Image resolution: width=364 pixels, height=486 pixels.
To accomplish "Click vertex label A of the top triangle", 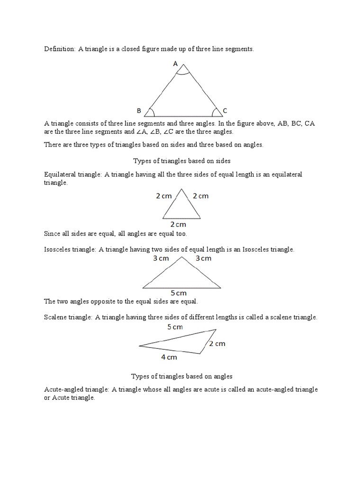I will coord(175,64).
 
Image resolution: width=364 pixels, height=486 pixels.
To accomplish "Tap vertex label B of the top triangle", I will coord(139,111).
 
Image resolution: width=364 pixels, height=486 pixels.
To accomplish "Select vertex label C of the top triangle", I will coord(225,111).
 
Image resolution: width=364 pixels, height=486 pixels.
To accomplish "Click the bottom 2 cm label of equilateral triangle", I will coord(178,224).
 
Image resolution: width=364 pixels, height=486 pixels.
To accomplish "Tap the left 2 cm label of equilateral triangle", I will coord(164,196).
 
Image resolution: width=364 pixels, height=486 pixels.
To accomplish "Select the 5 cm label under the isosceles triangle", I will coord(179,293).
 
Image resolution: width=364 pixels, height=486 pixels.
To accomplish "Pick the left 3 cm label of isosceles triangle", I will coord(161,259).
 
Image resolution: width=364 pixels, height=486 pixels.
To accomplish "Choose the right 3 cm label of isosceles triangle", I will coord(203,259).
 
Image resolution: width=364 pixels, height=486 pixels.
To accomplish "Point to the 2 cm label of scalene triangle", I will coord(217,344).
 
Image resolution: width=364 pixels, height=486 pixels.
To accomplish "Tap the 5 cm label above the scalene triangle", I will coord(175,327).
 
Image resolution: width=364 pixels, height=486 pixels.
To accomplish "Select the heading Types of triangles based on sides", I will coord(182,161).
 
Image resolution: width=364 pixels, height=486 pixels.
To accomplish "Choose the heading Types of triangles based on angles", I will coord(182,376).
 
